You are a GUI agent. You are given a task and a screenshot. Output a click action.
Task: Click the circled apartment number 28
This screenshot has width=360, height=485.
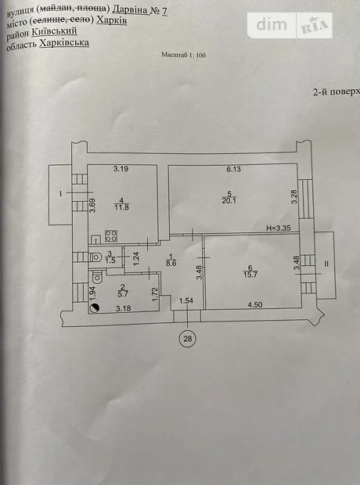[x=188, y=339]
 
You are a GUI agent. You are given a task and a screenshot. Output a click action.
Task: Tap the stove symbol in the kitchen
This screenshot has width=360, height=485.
[x=111, y=236]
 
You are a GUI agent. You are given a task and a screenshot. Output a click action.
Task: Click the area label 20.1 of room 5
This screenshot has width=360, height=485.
[x=229, y=201]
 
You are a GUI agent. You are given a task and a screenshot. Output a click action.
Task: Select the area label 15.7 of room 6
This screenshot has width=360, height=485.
[x=250, y=275]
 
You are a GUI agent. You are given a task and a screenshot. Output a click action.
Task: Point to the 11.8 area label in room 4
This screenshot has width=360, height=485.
[x=121, y=207]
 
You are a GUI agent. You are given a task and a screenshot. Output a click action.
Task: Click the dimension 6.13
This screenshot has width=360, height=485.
[x=234, y=169]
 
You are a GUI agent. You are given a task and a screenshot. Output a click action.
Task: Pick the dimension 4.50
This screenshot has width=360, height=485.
[x=255, y=304]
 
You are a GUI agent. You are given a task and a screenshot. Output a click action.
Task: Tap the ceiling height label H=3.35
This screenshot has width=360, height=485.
[x=279, y=228]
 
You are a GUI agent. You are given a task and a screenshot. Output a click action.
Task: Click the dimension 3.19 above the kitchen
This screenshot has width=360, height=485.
[x=121, y=169]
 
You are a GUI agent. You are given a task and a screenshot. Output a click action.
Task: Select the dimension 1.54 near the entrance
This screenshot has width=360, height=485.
[x=186, y=300]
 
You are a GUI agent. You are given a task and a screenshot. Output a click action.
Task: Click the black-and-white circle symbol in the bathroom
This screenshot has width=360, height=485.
[x=95, y=308]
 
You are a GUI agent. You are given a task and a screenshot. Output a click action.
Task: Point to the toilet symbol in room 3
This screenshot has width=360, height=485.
[x=95, y=257]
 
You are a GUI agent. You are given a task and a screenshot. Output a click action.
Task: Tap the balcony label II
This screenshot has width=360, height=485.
[x=326, y=264]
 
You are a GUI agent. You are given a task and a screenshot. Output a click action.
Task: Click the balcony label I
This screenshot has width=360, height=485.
[x=61, y=194]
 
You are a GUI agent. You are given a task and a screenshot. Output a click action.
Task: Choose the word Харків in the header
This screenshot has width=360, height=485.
[x=111, y=20]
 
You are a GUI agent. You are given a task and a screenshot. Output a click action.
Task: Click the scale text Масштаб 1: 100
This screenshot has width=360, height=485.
[x=183, y=55]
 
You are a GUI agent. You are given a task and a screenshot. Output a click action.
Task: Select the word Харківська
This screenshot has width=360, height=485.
[x=64, y=43]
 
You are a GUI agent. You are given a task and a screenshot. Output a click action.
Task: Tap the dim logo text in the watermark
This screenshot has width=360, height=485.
[x=272, y=25]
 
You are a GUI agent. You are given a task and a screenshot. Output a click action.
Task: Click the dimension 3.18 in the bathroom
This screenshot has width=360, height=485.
[x=123, y=308]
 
